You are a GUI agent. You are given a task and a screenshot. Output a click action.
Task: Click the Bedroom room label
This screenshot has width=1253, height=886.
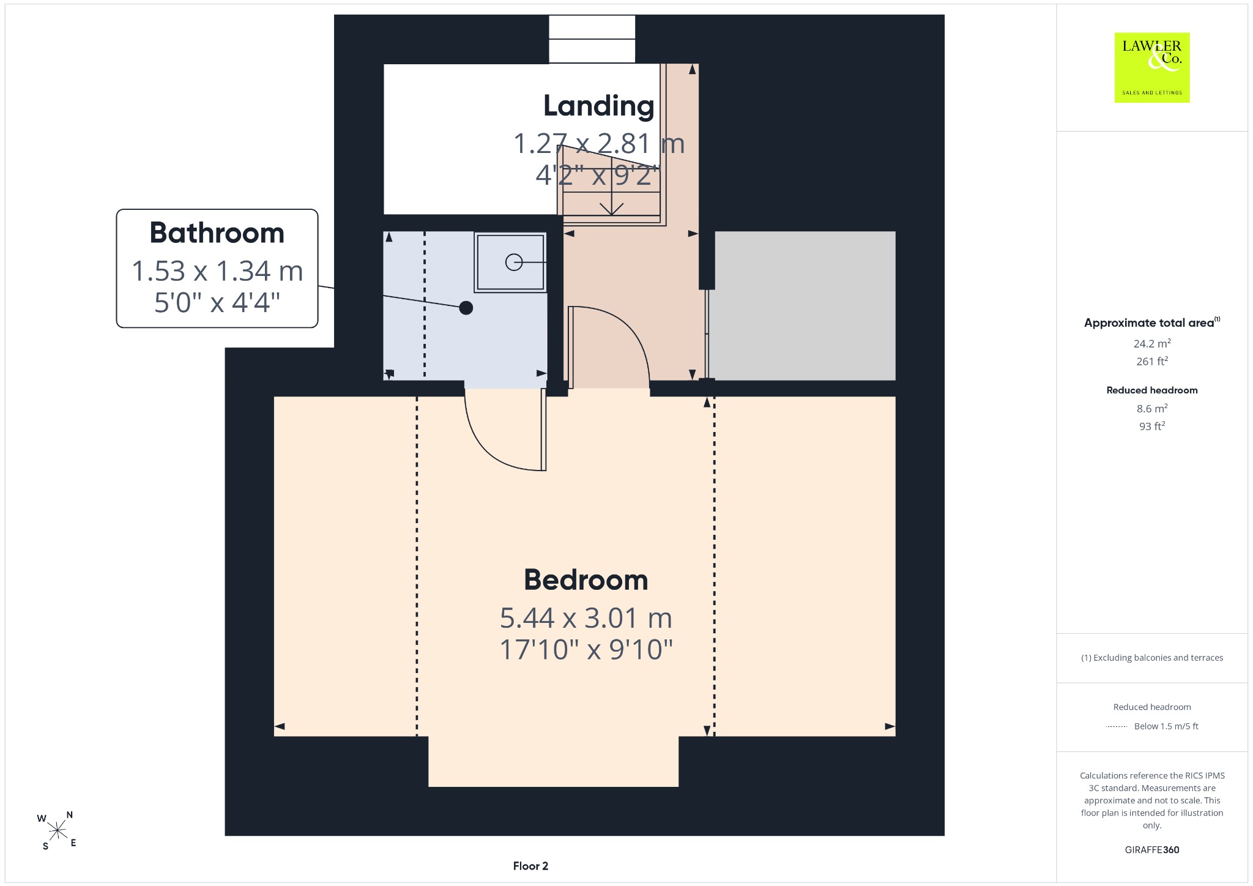coord(586,580)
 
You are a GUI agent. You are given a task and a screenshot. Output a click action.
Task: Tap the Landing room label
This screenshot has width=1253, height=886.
coord(599,106)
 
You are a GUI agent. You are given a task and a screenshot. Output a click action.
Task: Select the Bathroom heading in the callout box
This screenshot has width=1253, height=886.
coord(217,233)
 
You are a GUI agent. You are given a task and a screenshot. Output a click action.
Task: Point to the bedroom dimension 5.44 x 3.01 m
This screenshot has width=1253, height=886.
coord(586,618)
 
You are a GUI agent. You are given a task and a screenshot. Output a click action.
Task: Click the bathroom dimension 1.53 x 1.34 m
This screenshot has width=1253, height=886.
coord(217,271)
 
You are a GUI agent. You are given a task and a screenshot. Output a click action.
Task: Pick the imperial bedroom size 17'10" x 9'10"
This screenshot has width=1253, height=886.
coord(586,650)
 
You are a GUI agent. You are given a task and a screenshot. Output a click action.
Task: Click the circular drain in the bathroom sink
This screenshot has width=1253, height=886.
coord(513,262)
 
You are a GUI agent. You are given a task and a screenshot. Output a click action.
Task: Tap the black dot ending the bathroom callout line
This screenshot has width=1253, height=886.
coord(466,308)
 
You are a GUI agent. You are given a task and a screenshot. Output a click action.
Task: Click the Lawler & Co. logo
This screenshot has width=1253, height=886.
coord(1152,67)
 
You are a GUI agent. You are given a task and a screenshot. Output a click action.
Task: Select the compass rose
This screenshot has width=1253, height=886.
coord(58,830)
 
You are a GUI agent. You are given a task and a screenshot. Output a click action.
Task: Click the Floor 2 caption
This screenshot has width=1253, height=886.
coord(530,866)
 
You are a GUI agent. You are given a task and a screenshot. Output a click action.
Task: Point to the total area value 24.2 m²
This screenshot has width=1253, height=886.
coord(1152,343)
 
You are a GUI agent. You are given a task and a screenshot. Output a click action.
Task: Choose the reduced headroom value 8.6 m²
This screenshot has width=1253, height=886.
coord(1152,408)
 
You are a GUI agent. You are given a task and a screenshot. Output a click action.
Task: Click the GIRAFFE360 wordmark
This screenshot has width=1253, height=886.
coord(1152,849)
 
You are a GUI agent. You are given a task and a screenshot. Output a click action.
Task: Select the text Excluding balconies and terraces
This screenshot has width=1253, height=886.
coord(1158,658)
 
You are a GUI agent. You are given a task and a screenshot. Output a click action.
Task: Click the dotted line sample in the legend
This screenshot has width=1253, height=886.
coord(1117,726)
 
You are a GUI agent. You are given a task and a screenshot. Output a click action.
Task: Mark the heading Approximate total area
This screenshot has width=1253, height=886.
coord(1149,323)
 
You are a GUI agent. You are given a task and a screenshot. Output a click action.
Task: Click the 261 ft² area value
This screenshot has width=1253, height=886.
coord(1152,362)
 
